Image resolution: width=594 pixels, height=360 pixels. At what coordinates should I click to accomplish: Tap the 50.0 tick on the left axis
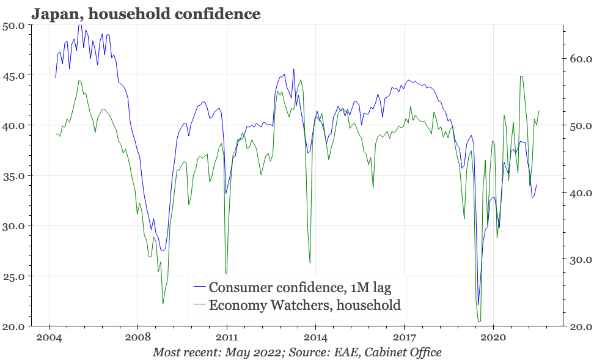click(x=13, y=26)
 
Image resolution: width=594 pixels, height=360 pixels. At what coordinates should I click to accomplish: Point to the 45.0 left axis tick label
click(x=13, y=76)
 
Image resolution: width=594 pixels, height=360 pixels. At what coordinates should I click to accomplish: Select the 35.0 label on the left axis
click(x=13, y=176)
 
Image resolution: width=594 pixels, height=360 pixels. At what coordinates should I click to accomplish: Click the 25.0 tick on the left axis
click(x=13, y=276)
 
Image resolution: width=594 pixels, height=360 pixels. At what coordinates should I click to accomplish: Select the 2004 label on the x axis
click(x=49, y=337)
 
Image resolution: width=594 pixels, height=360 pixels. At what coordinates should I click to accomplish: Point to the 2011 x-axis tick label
click(x=227, y=337)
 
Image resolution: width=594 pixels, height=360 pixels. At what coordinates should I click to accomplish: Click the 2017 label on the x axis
click(x=405, y=337)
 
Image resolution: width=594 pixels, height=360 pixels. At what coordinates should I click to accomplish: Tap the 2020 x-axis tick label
click(x=493, y=337)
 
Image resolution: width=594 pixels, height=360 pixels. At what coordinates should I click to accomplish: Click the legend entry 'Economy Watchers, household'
click(x=304, y=305)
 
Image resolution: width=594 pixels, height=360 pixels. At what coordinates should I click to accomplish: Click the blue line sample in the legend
click(x=199, y=287)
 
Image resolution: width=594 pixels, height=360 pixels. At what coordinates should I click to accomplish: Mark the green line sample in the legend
click(x=199, y=305)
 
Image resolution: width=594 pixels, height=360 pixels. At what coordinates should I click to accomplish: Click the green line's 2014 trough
click(x=310, y=263)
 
